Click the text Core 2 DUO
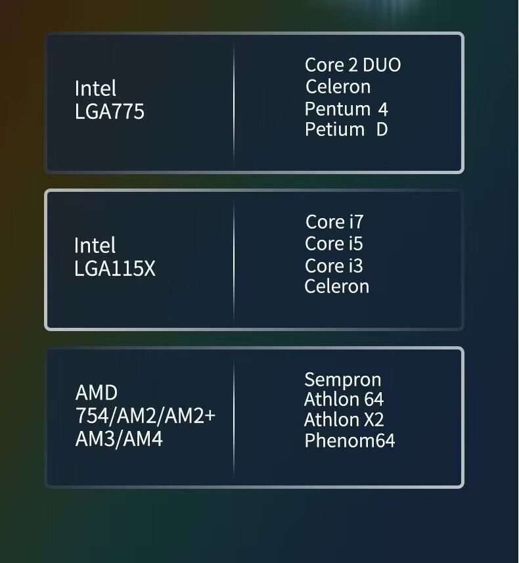[353, 65]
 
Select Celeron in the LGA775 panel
[338, 87]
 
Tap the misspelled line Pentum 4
[346, 108]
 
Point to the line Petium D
[346, 129]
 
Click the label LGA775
[109, 112]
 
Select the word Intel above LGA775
[95, 89]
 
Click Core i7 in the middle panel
[334, 222]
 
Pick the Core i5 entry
[334, 244]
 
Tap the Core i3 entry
[334, 265]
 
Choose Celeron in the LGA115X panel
[336, 286]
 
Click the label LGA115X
[115, 269]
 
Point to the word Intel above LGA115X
[95, 246]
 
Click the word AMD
[97, 393]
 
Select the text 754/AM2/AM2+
[145, 416]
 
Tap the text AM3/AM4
[119, 439]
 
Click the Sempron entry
[342, 380]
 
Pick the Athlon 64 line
[344, 399]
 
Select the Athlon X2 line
[344, 420]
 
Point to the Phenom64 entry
[350, 440]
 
